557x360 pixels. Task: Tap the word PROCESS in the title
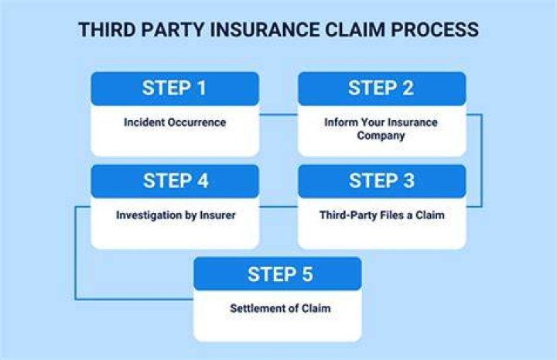tap(435, 29)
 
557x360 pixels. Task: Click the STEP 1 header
tap(175, 88)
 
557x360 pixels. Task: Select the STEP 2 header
tap(382, 88)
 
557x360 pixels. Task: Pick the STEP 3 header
tap(382, 181)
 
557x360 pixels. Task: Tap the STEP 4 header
tap(175, 181)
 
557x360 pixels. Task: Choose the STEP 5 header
tap(278, 273)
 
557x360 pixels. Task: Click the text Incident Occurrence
tap(175, 122)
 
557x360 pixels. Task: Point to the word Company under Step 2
tap(381, 135)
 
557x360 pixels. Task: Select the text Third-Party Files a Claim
tap(382, 215)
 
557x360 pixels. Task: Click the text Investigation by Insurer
tap(176, 215)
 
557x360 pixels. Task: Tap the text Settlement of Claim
tap(280, 308)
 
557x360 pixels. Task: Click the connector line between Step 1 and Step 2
tap(278, 115)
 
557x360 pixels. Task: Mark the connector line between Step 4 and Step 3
tap(278, 207)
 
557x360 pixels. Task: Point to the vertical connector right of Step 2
tap(481, 160)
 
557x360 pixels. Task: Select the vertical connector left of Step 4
tap(76, 252)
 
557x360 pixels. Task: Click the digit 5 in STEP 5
tap(307, 274)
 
